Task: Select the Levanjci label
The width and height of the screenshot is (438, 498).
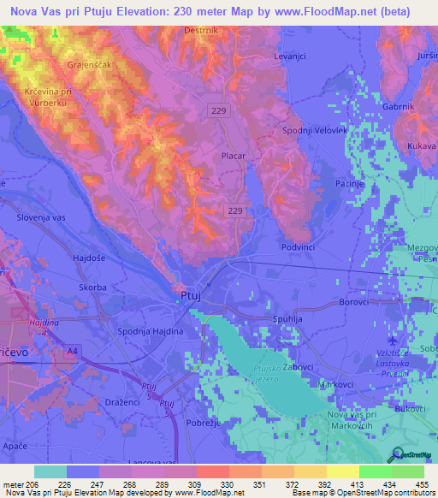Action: (x=289, y=55)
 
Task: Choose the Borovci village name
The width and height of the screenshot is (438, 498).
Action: (x=353, y=302)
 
